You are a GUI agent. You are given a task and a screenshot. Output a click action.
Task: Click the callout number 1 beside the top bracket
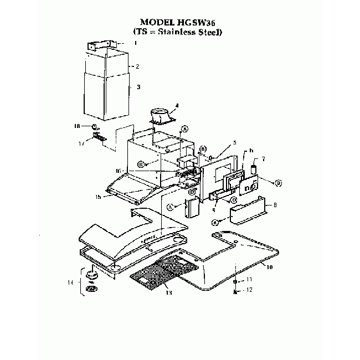(135, 43)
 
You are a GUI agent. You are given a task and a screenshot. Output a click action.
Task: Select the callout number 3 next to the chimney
(138, 87)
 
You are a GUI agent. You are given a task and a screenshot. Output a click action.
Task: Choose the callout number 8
(275, 205)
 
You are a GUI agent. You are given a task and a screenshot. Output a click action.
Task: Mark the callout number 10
(270, 267)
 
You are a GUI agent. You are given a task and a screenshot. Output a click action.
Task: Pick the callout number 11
(249, 280)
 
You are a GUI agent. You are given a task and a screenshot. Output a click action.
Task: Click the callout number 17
(81, 143)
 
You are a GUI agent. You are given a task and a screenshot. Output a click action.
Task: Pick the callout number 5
(234, 142)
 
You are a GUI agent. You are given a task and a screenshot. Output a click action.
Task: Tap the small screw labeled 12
(236, 290)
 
